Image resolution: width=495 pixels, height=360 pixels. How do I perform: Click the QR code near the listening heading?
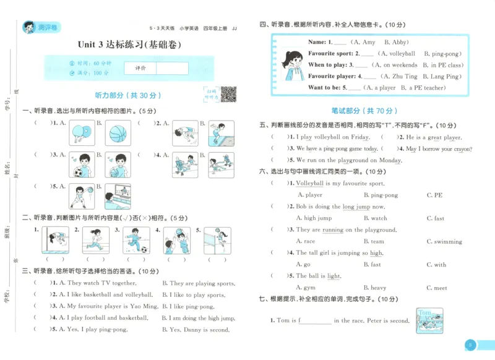229,95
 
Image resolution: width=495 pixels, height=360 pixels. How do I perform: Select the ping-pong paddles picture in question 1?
79,132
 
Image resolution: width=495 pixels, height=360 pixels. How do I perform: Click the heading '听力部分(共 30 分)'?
127,96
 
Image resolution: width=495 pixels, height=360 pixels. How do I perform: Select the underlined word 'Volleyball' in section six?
310,184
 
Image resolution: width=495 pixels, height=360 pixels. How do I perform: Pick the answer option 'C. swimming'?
444,242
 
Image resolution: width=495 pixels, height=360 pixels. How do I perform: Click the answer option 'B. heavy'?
374,288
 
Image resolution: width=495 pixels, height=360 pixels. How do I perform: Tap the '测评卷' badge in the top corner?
41,27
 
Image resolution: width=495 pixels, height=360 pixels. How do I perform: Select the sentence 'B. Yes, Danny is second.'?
196,330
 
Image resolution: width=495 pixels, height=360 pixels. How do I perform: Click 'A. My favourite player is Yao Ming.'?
105,306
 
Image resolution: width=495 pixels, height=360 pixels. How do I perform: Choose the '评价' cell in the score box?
140,68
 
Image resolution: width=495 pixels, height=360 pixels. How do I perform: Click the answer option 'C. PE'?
434,195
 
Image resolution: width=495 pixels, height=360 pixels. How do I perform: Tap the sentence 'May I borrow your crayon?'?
438,148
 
